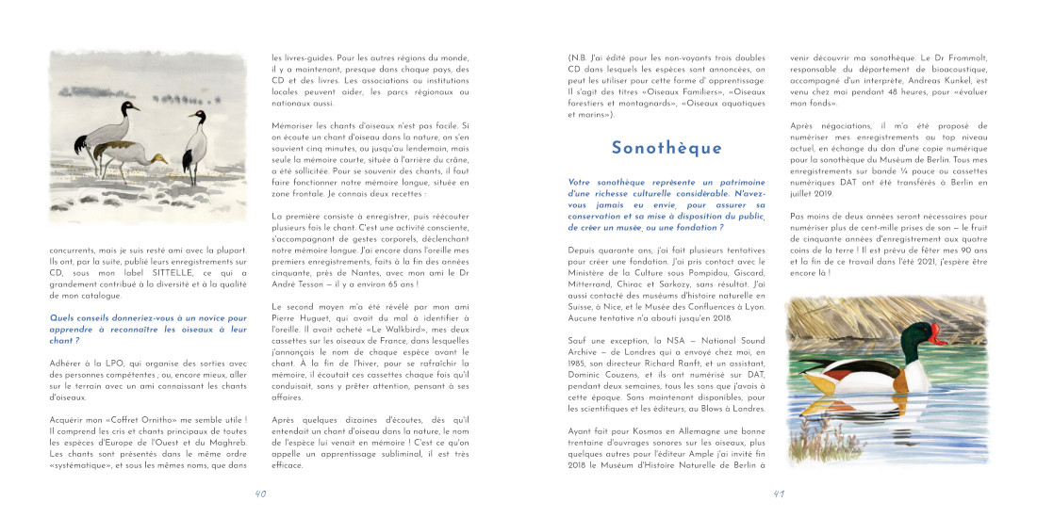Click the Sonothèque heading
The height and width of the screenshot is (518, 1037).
[x=666, y=148]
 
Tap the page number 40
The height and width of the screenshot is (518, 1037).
[x=260, y=493]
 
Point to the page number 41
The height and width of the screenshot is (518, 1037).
[x=779, y=493]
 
